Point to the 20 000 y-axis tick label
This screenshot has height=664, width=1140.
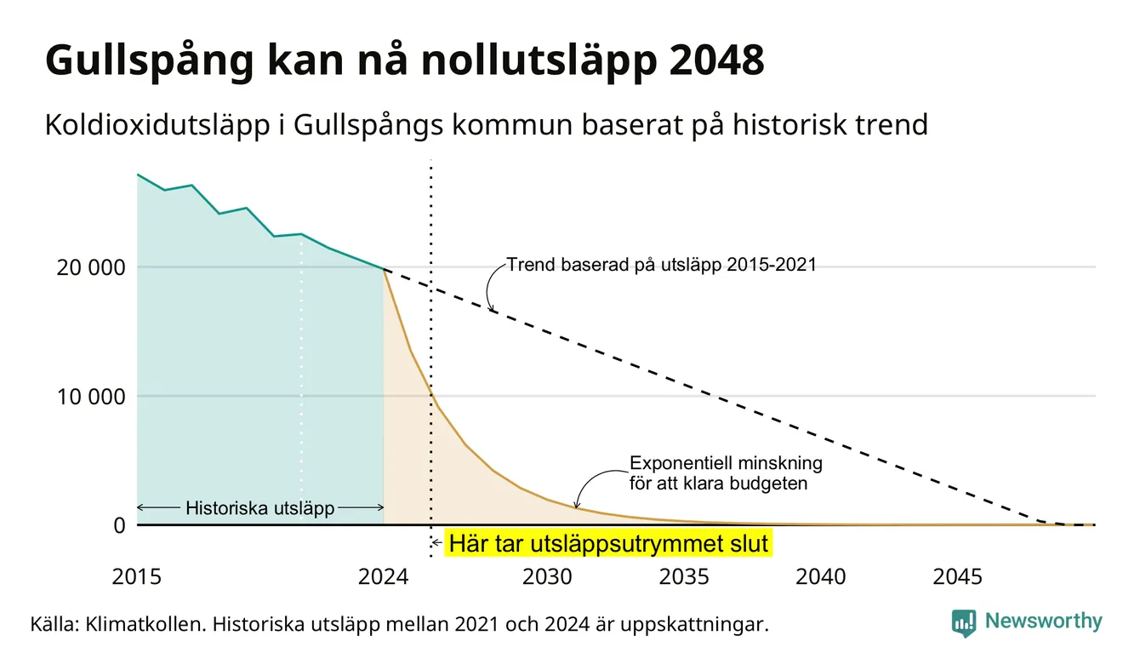pos(90,267)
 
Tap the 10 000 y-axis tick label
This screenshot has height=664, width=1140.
pos(90,397)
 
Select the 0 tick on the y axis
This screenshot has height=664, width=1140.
pos(120,525)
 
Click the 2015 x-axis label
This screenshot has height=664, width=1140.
pos(136,576)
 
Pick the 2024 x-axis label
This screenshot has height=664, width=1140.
pos(383,576)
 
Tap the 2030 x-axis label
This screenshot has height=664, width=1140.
pos(547,576)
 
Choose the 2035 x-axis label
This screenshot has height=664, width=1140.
pos(684,576)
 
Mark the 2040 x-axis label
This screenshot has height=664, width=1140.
pos(820,576)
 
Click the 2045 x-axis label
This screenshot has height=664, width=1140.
pos(957,576)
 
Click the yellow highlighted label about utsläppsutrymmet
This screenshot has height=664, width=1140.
pos(608,543)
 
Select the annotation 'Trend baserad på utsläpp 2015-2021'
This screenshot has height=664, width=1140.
pos(661,265)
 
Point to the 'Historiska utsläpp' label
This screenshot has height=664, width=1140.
pos(259,508)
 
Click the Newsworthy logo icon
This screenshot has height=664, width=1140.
pos(964,623)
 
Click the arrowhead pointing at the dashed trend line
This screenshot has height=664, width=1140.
pos(492,308)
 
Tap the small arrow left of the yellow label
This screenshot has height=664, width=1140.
pos(436,543)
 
